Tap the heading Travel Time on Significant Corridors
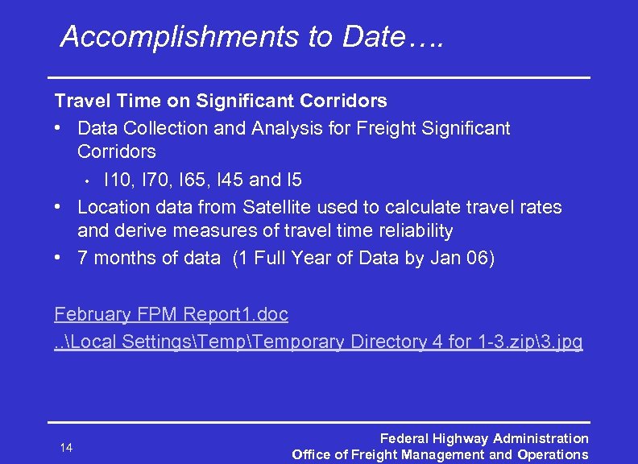(220, 101)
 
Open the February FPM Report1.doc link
(171, 314)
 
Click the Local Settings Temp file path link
(318, 342)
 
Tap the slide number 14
(66, 447)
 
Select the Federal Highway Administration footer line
(483, 438)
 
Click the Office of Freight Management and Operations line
(440, 455)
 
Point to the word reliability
(414, 231)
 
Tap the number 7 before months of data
(83, 258)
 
